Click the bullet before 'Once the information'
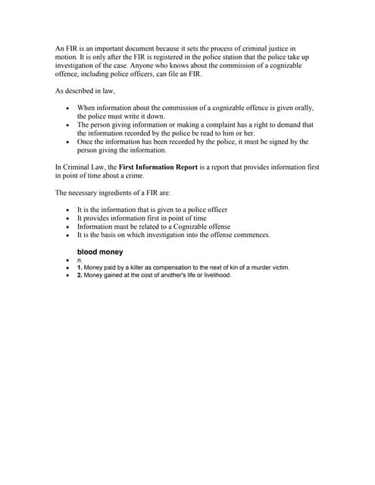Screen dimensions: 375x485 (x=68, y=142)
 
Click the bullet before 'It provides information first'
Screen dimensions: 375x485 (x=68, y=218)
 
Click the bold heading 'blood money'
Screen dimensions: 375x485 (x=99, y=251)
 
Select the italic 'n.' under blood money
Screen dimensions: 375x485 (x=80, y=259)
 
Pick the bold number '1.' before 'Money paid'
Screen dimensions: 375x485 (x=80, y=268)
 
